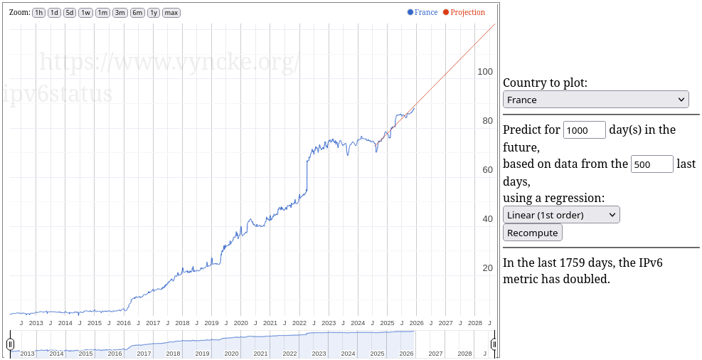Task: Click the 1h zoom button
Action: [39, 13]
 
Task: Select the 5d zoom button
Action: [70, 13]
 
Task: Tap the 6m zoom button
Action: [137, 13]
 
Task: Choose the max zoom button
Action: [171, 13]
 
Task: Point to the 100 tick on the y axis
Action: [485, 72]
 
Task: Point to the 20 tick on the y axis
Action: [488, 268]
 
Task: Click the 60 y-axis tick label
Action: [488, 170]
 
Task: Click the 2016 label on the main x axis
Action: [124, 323]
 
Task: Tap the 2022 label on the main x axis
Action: [299, 323]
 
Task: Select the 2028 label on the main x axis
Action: [474, 323]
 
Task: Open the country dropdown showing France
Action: [595, 100]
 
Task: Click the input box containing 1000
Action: [584, 129]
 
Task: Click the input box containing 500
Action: [652, 164]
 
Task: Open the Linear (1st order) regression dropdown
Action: [561, 214]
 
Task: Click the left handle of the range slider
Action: [10, 344]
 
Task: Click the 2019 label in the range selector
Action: [202, 354]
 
